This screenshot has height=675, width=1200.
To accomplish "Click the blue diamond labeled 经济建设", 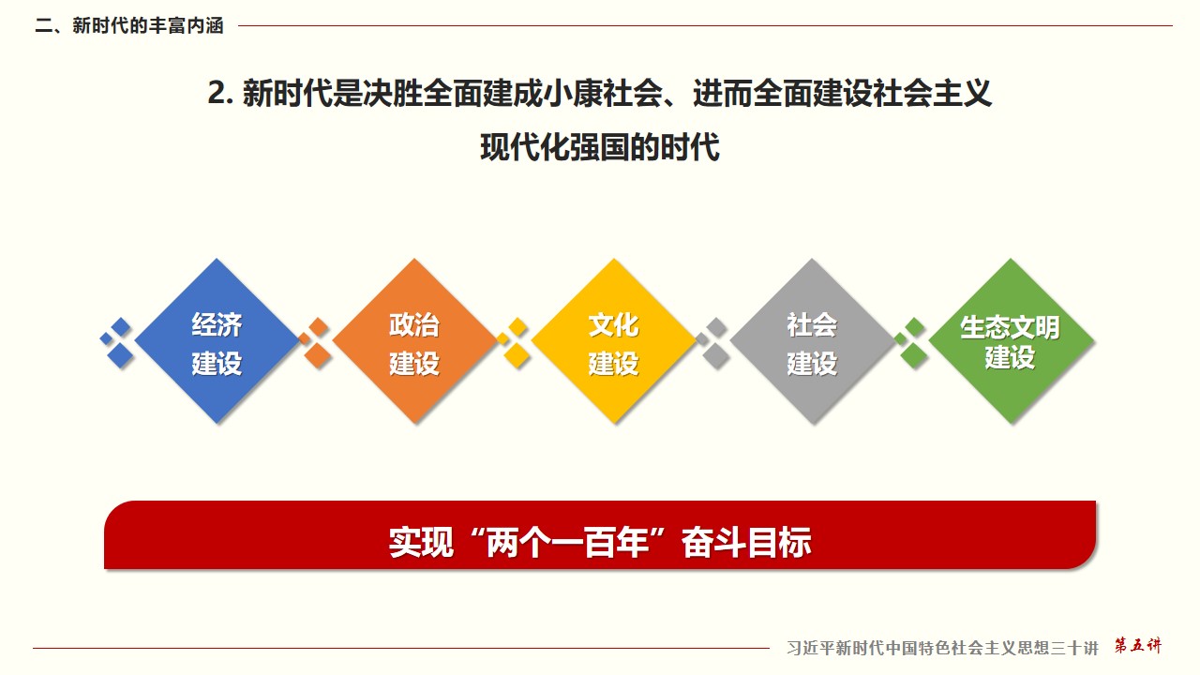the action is [217, 340].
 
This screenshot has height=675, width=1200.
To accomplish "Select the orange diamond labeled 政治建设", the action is [414, 340].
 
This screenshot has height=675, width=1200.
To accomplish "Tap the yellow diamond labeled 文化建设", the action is [613, 340].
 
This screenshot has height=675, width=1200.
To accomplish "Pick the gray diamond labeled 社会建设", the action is [812, 340].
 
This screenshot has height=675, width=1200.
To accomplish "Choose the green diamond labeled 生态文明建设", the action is [1011, 340].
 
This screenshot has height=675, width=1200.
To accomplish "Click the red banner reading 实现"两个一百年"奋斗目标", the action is [600, 534].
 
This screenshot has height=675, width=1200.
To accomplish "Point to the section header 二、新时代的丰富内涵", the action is [129, 25].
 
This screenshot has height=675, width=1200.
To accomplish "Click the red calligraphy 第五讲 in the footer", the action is [1138, 645].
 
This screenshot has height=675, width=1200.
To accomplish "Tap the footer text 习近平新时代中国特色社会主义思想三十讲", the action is [942, 648].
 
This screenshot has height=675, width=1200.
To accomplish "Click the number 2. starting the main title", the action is [220, 93].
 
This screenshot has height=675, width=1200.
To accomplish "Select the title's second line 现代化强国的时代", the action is [600, 147].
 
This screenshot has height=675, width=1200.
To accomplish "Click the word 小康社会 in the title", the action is [602, 93].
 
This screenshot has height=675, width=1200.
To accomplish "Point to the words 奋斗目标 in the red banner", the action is [746, 543].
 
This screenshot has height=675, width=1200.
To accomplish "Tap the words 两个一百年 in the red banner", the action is [567, 543].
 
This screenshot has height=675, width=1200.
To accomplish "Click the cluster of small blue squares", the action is [117, 342].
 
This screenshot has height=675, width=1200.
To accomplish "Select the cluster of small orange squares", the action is [315, 342].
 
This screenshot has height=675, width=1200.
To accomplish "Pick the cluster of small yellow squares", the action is [514, 342].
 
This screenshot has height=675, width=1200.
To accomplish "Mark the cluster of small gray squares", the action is [712, 342].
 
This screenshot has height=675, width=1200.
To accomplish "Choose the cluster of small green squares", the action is [911, 342].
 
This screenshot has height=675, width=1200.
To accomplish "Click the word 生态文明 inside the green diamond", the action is [1010, 327].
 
